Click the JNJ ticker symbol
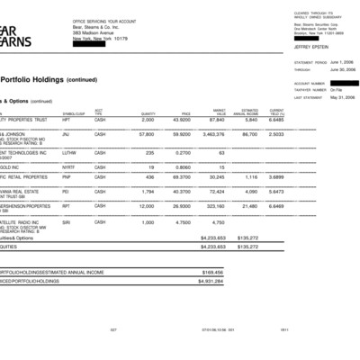(x=66, y=133)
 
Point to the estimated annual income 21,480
(x=247, y=205)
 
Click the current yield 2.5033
(x=276, y=133)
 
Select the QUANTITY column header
(x=148, y=112)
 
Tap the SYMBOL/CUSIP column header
(x=73, y=112)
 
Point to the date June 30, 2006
(x=326, y=68)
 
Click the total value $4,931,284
(x=211, y=281)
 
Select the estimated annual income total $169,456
(x=212, y=271)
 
